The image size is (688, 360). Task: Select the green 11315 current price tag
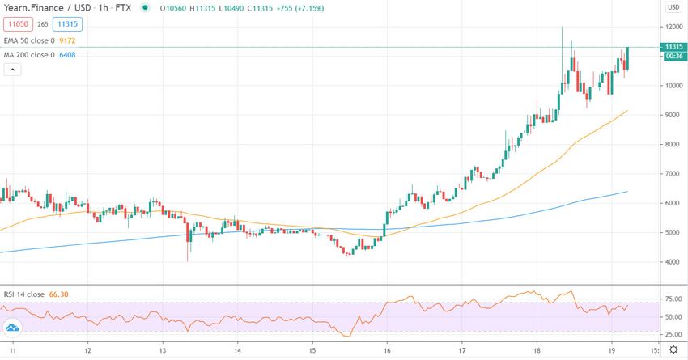pyautogui.click(x=674, y=47)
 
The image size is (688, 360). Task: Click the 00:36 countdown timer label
pyautogui.click(x=674, y=57)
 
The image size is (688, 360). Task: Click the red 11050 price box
pyautogui.click(x=16, y=24)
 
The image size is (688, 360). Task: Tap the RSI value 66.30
pyautogui.click(x=60, y=294)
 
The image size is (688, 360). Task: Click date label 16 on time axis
pyautogui.click(x=387, y=351)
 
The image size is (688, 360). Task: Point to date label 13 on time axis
pyautogui.click(x=163, y=351)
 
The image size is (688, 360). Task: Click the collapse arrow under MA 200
pyautogui.click(x=11, y=70)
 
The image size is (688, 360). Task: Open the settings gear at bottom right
pyautogui.click(x=673, y=350)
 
